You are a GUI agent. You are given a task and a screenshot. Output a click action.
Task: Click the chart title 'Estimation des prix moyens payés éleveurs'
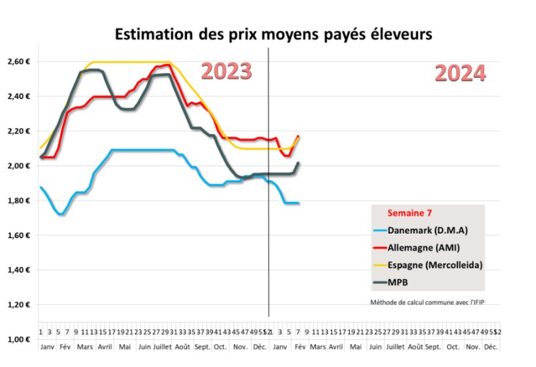[x=273, y=34]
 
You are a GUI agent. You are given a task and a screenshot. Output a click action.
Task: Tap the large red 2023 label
[x=226, y=71]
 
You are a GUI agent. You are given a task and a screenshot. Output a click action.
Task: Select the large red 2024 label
[x=460, y=73]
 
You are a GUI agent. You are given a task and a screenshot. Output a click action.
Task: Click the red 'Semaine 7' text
[x=409, y=213]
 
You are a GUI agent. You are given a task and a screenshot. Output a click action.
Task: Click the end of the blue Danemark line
[x=299, y=203]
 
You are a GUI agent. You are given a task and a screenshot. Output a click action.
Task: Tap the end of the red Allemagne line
[x=299, y=136]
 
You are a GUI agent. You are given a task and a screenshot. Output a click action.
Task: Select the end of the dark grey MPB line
[x=299, y=163]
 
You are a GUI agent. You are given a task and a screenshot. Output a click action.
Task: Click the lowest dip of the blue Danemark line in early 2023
[x=60, y=214]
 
